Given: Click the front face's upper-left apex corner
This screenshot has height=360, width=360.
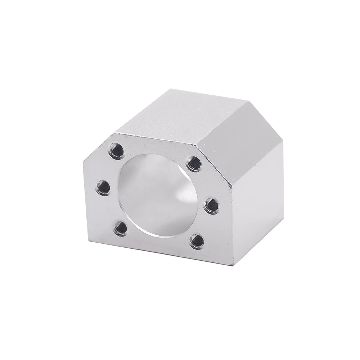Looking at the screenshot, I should coord(112,134).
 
